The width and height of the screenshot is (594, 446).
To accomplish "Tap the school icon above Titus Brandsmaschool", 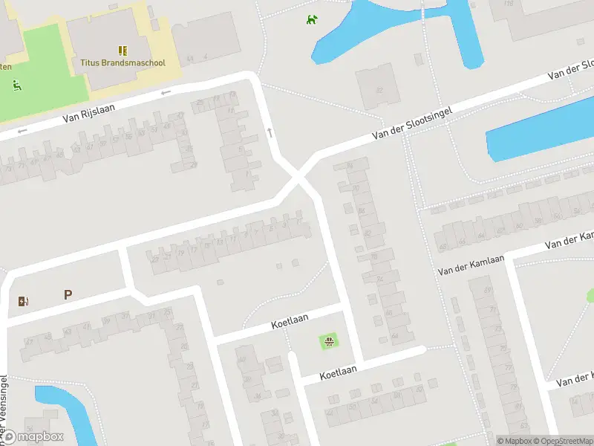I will tap(123, 51).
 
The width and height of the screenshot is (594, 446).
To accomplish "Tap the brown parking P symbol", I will tap(68, 295).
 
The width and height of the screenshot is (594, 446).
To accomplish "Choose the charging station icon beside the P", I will tap(22, 301).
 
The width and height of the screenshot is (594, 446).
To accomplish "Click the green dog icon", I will tap(312, 19).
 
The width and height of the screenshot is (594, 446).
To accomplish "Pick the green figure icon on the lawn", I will tap(16, 85).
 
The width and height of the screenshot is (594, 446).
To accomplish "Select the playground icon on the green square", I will tap(329, 341).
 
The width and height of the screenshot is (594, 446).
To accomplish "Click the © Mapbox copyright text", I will tap(514, 441).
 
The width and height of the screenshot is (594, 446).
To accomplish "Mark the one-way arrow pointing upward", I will tap(270, 132).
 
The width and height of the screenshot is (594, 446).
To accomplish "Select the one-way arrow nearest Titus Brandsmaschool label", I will tap(165, 92).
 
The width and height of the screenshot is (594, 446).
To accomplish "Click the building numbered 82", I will tap(379, 90).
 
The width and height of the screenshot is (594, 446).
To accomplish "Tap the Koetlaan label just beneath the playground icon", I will tap(339, 369).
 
